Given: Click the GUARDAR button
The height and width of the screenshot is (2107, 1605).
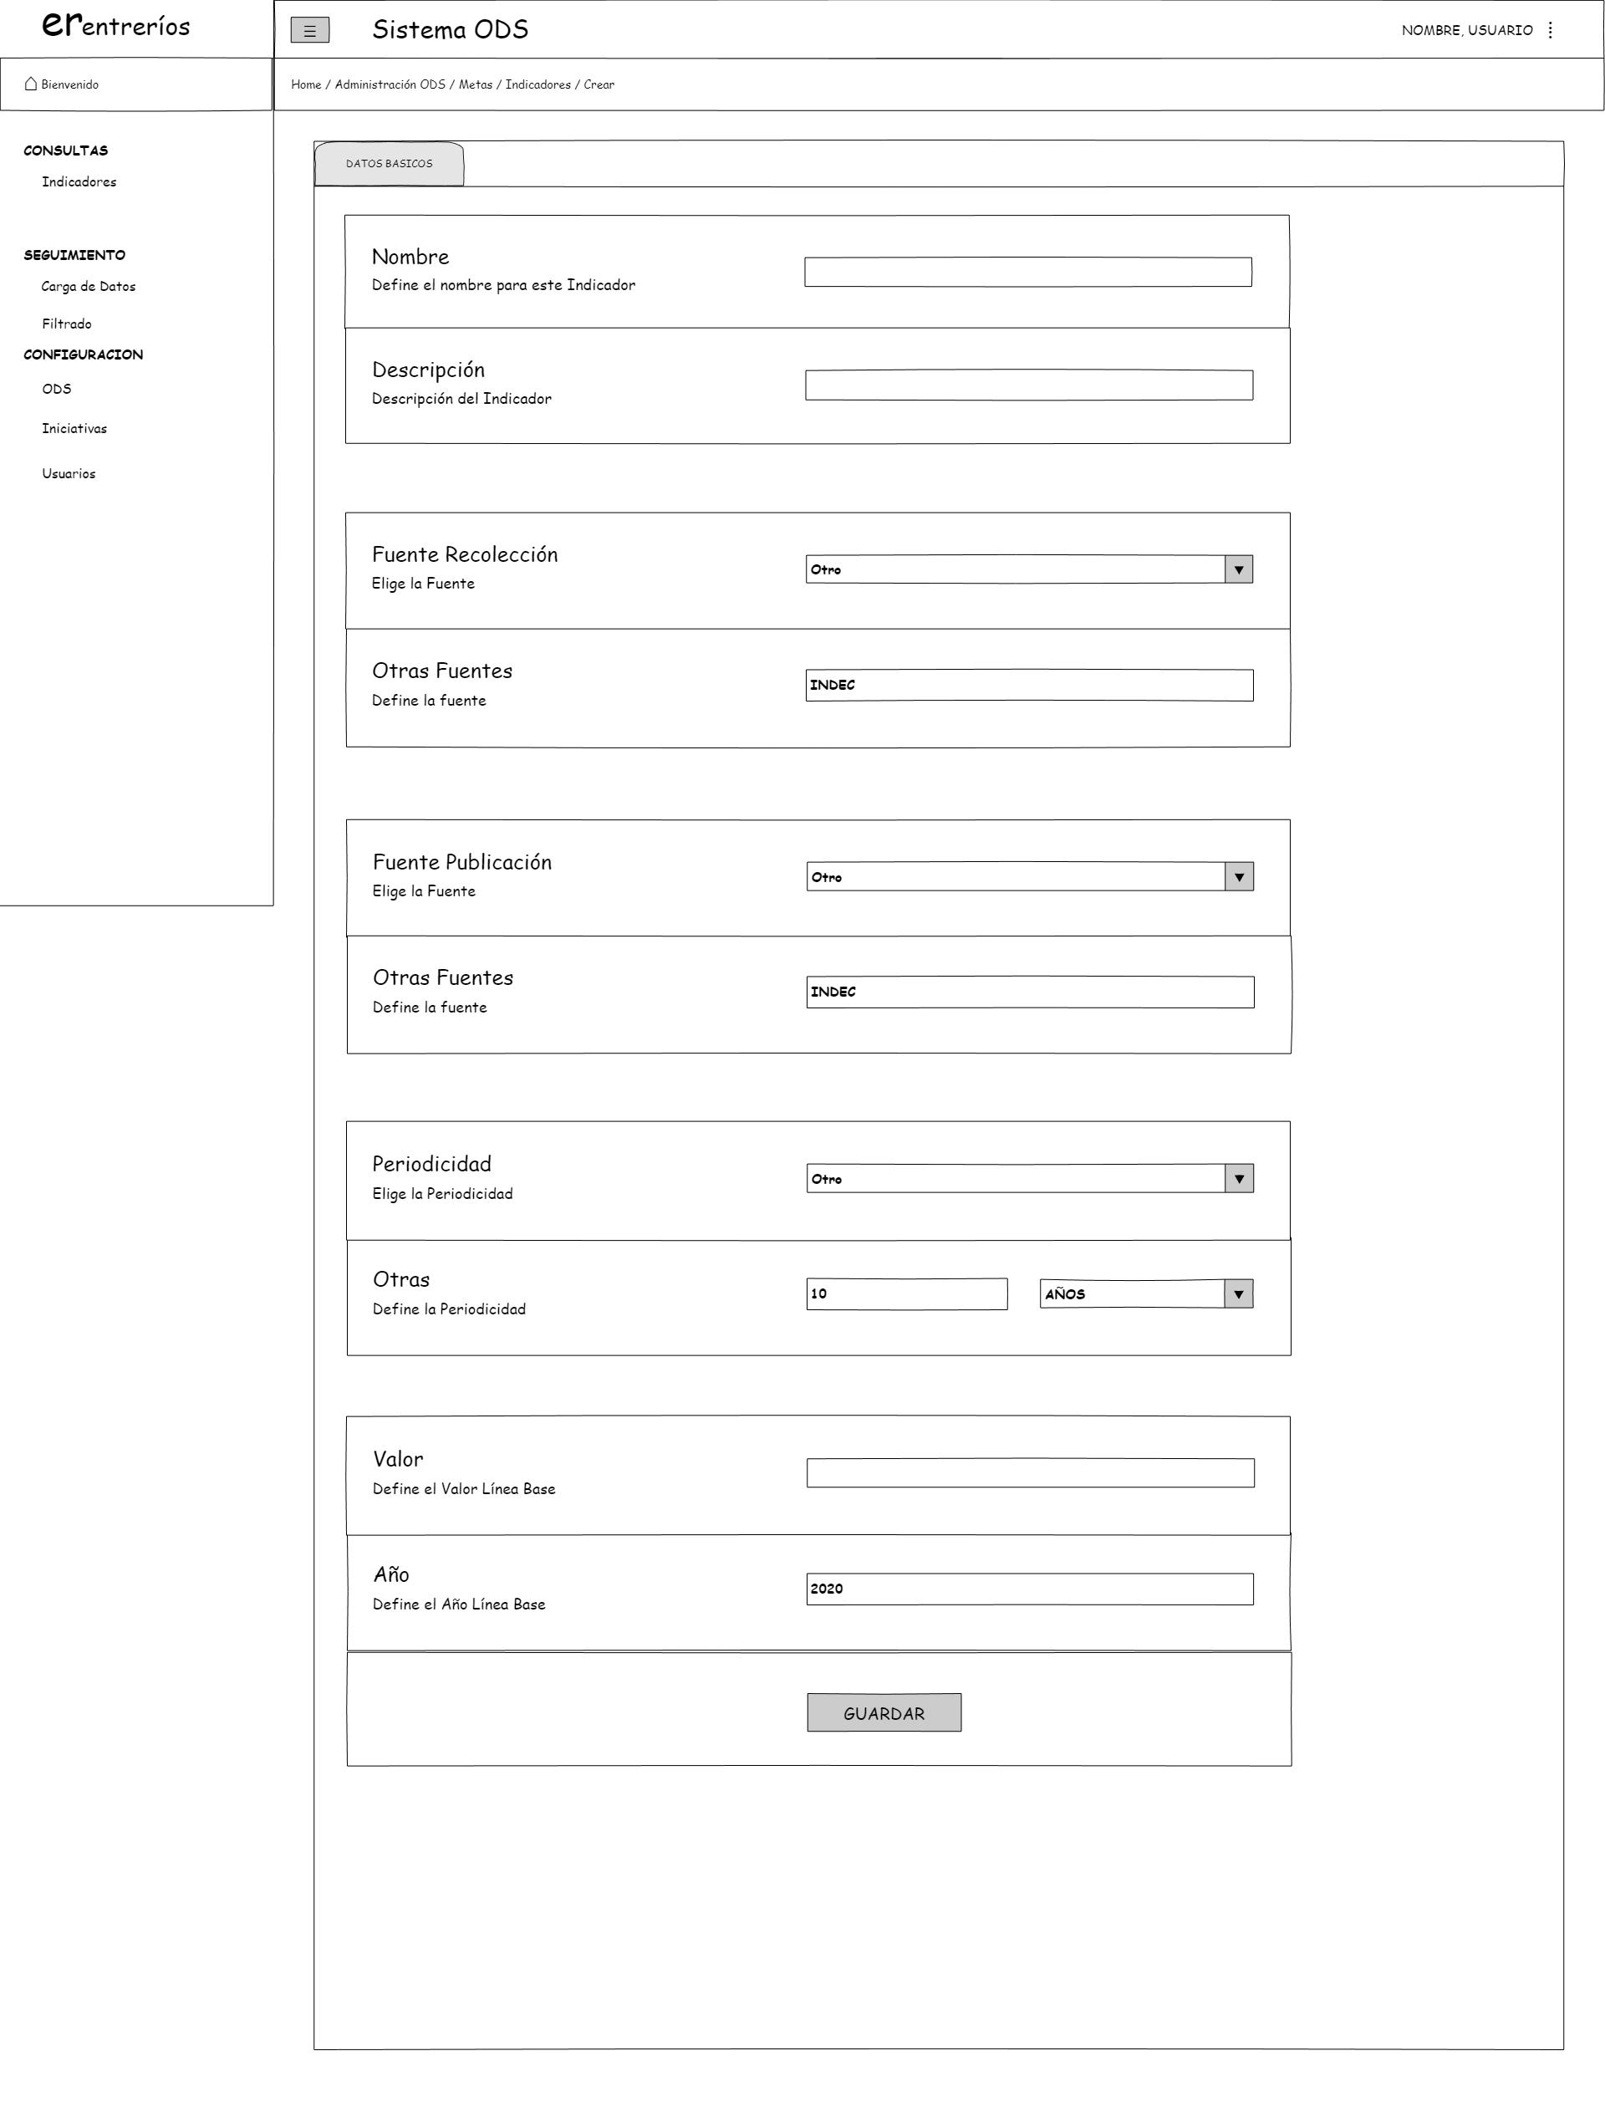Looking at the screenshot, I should click(x=884, y=1712).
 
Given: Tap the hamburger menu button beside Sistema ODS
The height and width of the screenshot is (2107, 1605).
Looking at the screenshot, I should click(x=309, y=31).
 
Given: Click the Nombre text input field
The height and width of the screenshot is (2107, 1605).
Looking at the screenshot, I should click(x=1027, y=273).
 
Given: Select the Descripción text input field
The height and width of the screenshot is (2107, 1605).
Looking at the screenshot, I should click(x=1028, y=385).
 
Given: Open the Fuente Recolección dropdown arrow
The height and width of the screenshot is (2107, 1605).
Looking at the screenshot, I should click(x=1238, y=569).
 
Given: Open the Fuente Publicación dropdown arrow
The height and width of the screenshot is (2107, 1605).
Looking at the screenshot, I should click(x=1238, y=877).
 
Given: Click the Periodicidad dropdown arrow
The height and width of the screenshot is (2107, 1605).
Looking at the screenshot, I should click(x=1238, y=1179).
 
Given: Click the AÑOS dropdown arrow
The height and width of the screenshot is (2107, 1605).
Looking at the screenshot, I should click(x=1238, y=1293).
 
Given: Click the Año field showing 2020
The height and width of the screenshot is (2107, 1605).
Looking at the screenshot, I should click(x=1029, y=1589).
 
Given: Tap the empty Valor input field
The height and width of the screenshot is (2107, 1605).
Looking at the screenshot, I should click(x=1029, y=1472).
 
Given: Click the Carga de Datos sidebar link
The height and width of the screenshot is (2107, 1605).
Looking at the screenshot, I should click(x=88, y=287).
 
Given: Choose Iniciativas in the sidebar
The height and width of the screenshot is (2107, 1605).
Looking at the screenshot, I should click(x=74, y=429).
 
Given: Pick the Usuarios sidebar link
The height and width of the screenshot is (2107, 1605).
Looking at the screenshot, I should click(x=68, y=474).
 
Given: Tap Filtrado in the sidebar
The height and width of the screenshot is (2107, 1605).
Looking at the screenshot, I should click(x=66, y=324).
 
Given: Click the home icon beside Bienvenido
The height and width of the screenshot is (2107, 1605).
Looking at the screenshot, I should click(x=31, y=84).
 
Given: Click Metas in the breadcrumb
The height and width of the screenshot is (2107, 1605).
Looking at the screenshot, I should click(x=475, y=85).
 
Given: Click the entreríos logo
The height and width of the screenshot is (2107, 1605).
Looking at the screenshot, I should click(x=115, y=26).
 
